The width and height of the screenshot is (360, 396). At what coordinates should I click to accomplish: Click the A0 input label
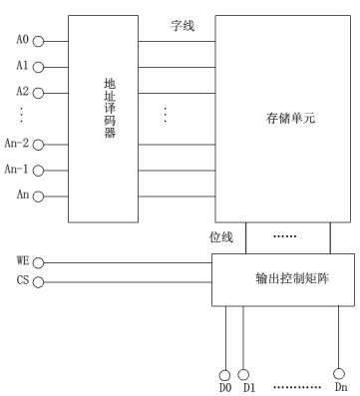22,42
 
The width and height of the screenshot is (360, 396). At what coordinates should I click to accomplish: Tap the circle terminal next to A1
39,68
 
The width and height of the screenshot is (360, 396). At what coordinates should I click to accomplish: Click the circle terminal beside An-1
39,171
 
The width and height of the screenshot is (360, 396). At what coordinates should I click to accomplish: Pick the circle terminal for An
39,196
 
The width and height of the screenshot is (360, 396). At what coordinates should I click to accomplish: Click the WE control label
23,259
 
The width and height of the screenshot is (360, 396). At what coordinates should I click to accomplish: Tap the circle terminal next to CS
39,282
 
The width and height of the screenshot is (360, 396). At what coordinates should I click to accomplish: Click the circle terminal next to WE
39,262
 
